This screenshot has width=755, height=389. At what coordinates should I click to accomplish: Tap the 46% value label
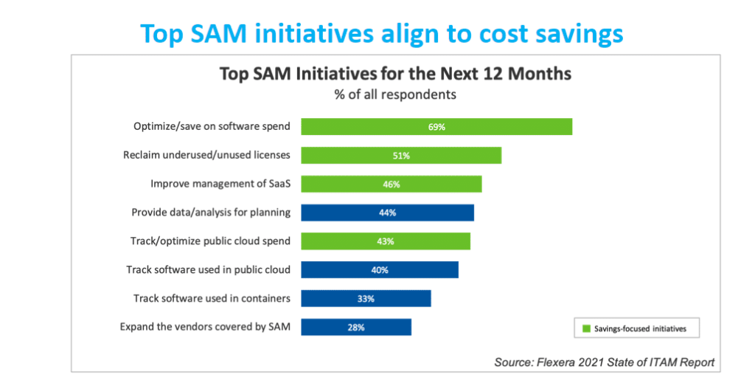(x=391, y=184)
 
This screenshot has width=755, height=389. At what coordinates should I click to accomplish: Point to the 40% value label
(x=380, y=270)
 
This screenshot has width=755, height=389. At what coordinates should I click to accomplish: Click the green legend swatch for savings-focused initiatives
(x=587, y=327)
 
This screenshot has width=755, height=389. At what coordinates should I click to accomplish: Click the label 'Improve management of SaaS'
(x=220, y=184)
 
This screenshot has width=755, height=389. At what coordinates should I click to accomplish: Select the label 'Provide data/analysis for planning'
(x=210, y=213)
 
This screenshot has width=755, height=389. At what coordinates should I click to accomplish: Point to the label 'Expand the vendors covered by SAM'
(x=204, y=327)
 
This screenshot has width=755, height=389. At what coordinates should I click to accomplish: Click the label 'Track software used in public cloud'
(x=208, y=270)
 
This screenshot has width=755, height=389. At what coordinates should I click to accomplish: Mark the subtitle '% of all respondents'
(x=394, y=94)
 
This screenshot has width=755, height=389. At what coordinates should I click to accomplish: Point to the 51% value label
(x=401, y=156)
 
